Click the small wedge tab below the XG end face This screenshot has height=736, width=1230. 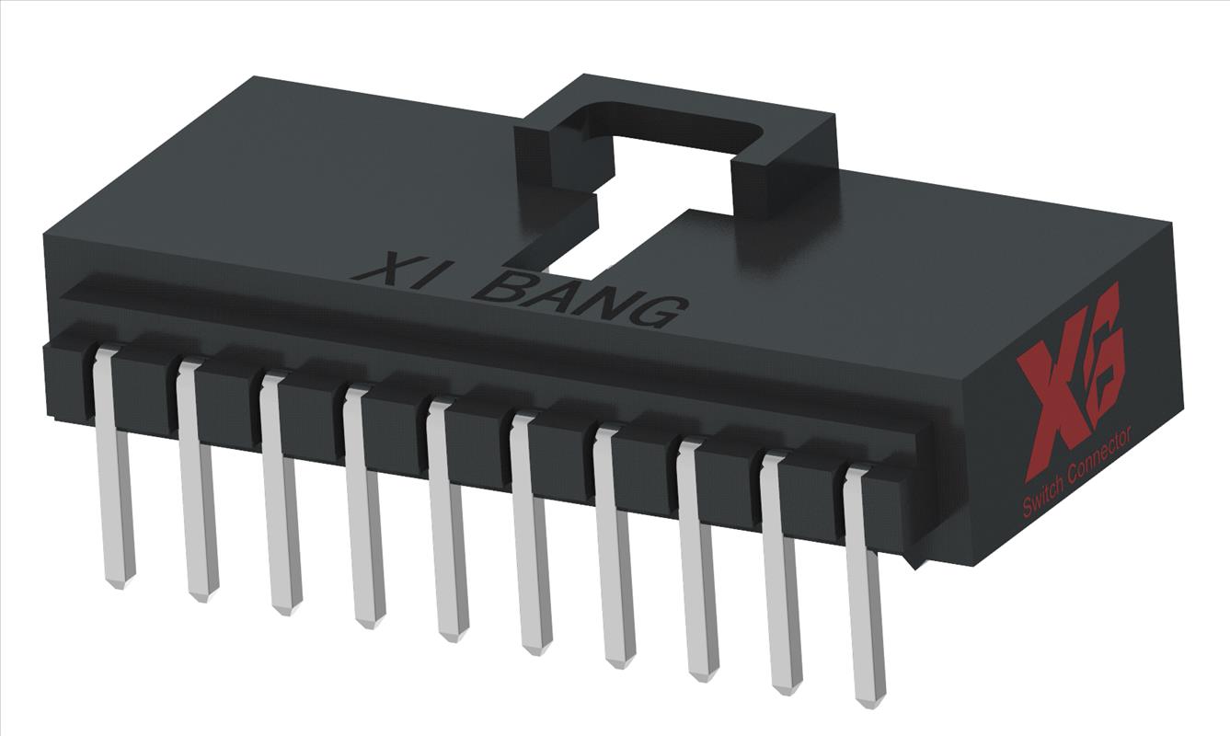click(914, 557)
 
